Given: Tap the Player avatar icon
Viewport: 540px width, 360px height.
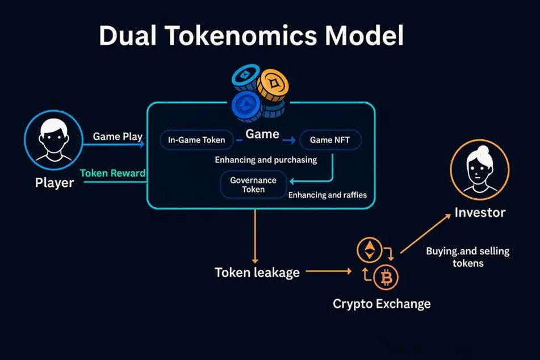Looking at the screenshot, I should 53,140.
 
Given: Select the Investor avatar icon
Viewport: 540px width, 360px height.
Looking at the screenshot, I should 479,169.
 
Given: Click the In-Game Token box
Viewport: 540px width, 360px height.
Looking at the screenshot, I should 196,140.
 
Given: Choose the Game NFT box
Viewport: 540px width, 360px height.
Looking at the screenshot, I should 329,140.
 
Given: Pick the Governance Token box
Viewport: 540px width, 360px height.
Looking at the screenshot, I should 253,185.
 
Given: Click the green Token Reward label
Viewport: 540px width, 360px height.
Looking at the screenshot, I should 112,173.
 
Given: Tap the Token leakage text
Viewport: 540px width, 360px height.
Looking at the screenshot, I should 257,272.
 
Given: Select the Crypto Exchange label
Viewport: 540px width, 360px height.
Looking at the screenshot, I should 382,304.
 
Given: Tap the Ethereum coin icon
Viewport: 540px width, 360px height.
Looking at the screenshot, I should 369,250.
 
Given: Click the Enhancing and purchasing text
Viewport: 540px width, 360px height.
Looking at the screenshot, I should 266,160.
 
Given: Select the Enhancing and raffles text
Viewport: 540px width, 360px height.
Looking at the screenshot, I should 328,195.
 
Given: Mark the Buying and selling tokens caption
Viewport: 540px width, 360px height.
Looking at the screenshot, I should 467,257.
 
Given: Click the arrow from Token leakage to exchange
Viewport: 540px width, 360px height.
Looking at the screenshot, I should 328,271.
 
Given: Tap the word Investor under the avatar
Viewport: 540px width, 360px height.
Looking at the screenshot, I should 480,213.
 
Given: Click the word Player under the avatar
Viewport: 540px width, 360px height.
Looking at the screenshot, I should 54,183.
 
